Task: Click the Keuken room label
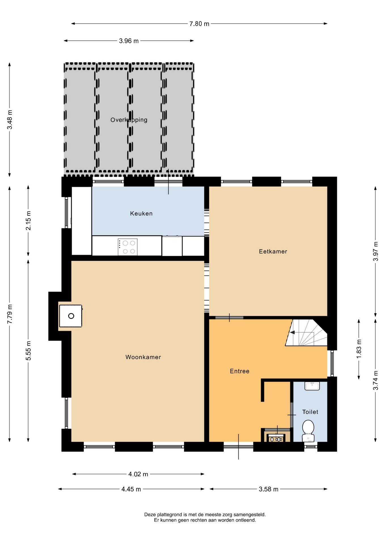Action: click(x=141, y=214)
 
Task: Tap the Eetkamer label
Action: click(x=273, y=252)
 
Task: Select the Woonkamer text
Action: click(x=143, y=357)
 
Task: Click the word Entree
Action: click(x=240, y=371)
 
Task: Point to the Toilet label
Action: click(x=310, y=412)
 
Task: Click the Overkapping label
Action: click(x=129, y=120)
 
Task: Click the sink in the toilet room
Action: click(x=312, y=386)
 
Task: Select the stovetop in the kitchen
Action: click(x=128, y=247)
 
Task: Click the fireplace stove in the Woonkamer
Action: click(x=71, y=316)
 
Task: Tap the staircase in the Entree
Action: click(x=306, y=333)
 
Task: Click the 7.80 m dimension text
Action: click(x=199, y=24)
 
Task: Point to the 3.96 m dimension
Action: click(x=129, y=41)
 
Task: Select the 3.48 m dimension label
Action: click(x=10, y=120)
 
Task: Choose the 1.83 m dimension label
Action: click(x=359, y=349)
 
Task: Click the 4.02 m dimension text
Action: click(x=138, y=474)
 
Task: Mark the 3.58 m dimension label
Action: click(x=268, y=489)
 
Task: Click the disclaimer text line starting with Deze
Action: click(x=205, y=515)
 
